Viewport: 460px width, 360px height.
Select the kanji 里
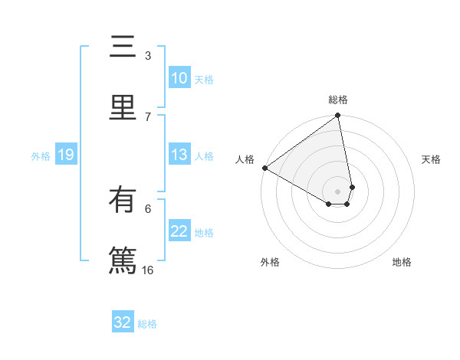[123, 106]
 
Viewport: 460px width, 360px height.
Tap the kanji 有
[123, 201]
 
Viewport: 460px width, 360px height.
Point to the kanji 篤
[123, 258]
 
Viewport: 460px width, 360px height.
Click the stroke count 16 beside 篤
[148, 270]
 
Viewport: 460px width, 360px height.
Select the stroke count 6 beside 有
[148, 208]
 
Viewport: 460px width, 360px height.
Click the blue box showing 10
[179, 78]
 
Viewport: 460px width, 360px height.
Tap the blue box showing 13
[179, 155]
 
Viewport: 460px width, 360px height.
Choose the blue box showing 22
[179, 232]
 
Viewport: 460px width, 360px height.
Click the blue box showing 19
[66, 155]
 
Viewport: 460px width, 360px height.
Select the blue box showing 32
[123, 322]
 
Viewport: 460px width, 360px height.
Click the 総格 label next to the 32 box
[147, 324]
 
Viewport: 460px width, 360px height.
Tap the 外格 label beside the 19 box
[41, 156]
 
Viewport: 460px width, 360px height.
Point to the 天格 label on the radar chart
[431, 159]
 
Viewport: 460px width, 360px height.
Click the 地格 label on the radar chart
[402, 262]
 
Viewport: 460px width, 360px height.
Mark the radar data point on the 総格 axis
[338, 116]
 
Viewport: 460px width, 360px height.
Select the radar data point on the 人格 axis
[264, 168]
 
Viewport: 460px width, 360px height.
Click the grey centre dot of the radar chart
[338, 191]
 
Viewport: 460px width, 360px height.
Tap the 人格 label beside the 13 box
[204, 156]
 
